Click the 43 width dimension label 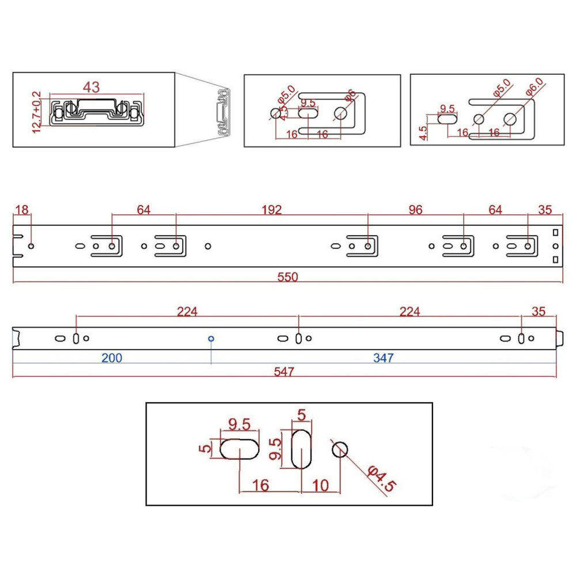point(92,88)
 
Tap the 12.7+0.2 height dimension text point(37,112)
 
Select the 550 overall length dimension point(287,277)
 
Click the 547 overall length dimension point(284,372)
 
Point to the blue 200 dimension point(112,358)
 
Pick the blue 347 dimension point(383,358)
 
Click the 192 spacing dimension point(271,210)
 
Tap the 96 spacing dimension point(415,210)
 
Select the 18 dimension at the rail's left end point(21,210)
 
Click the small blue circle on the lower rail point(211,339)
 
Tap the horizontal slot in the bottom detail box point(239,449)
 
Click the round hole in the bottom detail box point(340,449)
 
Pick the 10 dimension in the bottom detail point(321,486)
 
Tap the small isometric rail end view point(223,112)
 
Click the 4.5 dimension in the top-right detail point(423,133)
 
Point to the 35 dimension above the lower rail point(539,312)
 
